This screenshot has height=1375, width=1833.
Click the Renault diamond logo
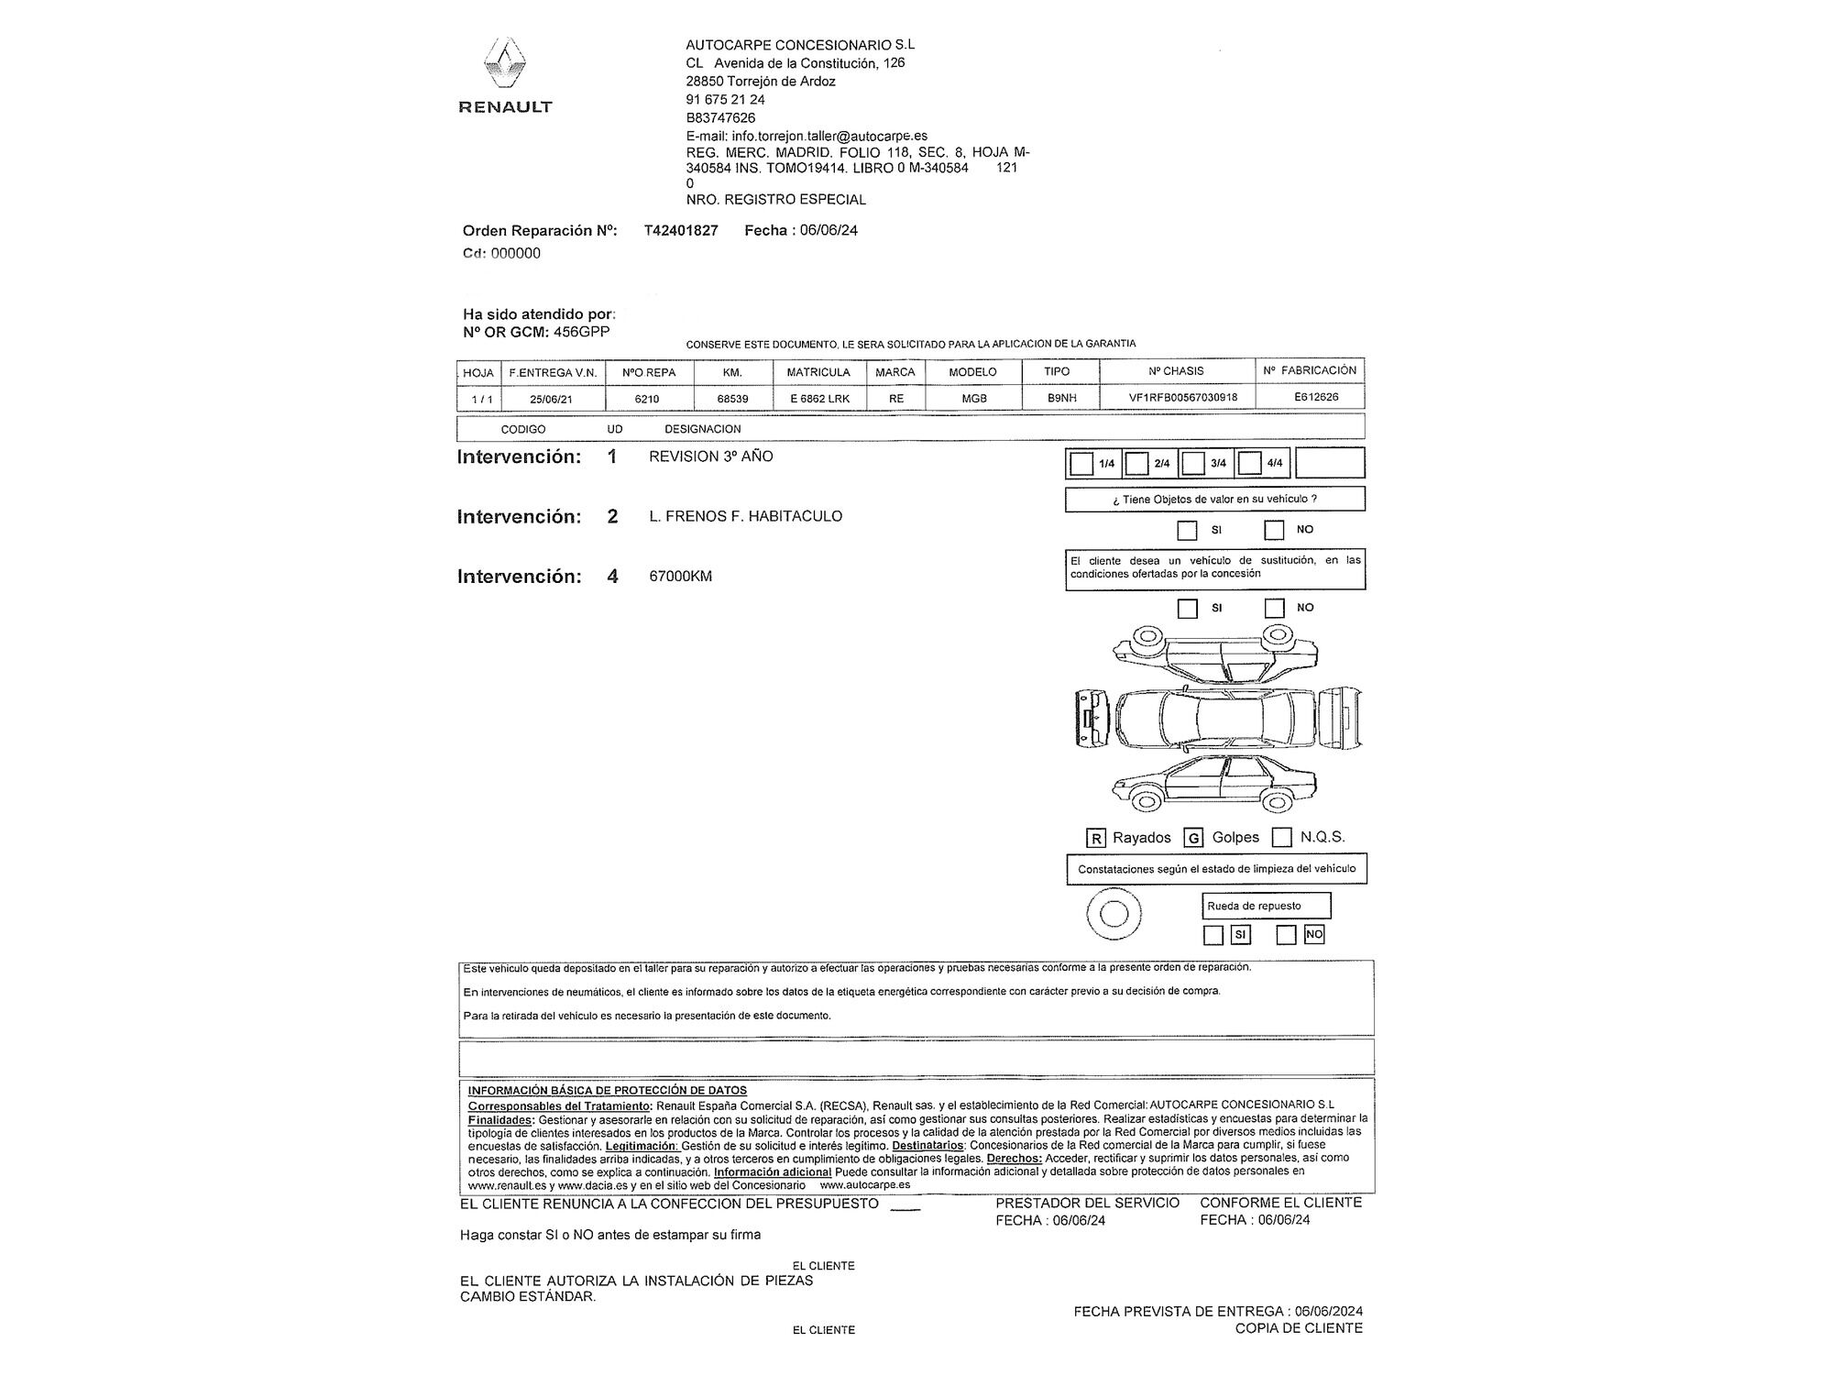pyautogui.click(x=504, y=65)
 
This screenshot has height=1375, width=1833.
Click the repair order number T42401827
pyautogui.click(x=681, y=231)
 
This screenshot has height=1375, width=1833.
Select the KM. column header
pyautogui.click(x=732, y=372)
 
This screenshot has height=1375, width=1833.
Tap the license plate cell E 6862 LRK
pyautogui.click(x=819, y=399)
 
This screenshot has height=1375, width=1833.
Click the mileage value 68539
pyautogui.click(x=732, y=399)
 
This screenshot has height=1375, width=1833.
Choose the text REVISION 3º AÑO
pyautogui.click(x=710, y=456)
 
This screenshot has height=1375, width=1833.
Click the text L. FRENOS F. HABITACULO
pyautogui.click(x=745, y=517)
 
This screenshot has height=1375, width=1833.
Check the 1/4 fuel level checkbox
pyautogui.click(x=1081, y=464)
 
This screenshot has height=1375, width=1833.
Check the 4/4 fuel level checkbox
pyautogui.click(x=1249, y=464)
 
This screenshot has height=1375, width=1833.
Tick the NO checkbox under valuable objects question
pyautogui.click(x=1274, y=530)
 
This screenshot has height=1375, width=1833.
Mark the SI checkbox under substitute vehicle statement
pyautogui.click(x=1188, y=608)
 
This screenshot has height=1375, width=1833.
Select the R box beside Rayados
pyautogui.click(x=1095, y=838)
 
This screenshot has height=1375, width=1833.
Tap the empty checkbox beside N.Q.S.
pyautogui.click(x=1282, y=837)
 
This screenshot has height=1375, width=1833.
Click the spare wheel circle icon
pyautogui.click(x=1113, y=914)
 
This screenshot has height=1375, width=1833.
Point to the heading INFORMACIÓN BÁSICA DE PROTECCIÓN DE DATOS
pyautogui.click(x=607, y=1091)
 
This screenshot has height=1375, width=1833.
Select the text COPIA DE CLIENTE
pyautogui.click(x=1298, y=1328)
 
